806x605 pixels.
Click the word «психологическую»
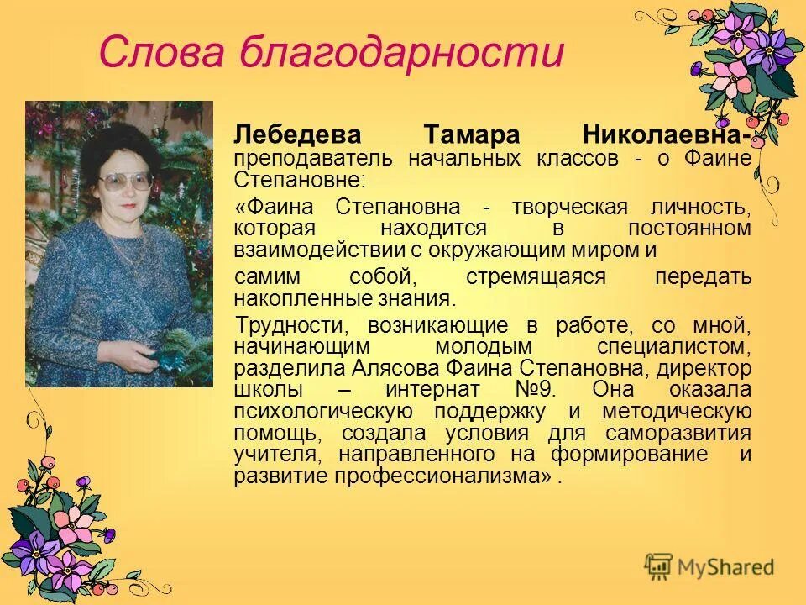(x=323, y=412)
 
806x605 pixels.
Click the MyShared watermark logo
(x=709, y=566)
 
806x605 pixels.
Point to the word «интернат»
(x=432, y=390)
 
